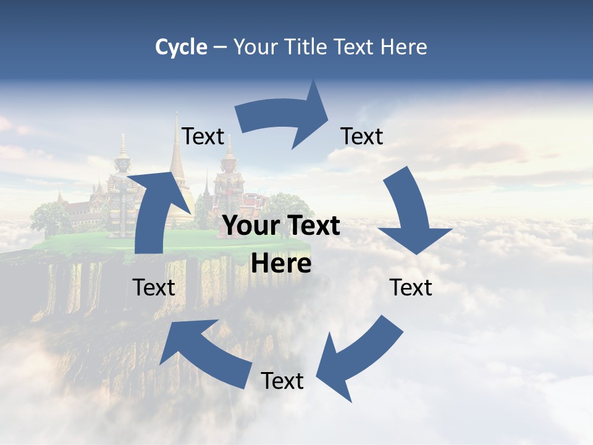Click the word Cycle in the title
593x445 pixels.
point(181,47)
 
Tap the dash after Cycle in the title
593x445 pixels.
point(220,48)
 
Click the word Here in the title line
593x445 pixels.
point(403,47)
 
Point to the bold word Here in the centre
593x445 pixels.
point(281,264)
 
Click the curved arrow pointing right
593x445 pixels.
point(284,117)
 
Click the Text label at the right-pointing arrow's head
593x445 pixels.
point(362,136)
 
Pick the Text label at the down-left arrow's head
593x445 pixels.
point(282,381)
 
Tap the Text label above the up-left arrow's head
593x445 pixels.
point(154,287)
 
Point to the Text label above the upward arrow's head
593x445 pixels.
point(203,136)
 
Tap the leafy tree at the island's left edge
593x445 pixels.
point(49,216)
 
